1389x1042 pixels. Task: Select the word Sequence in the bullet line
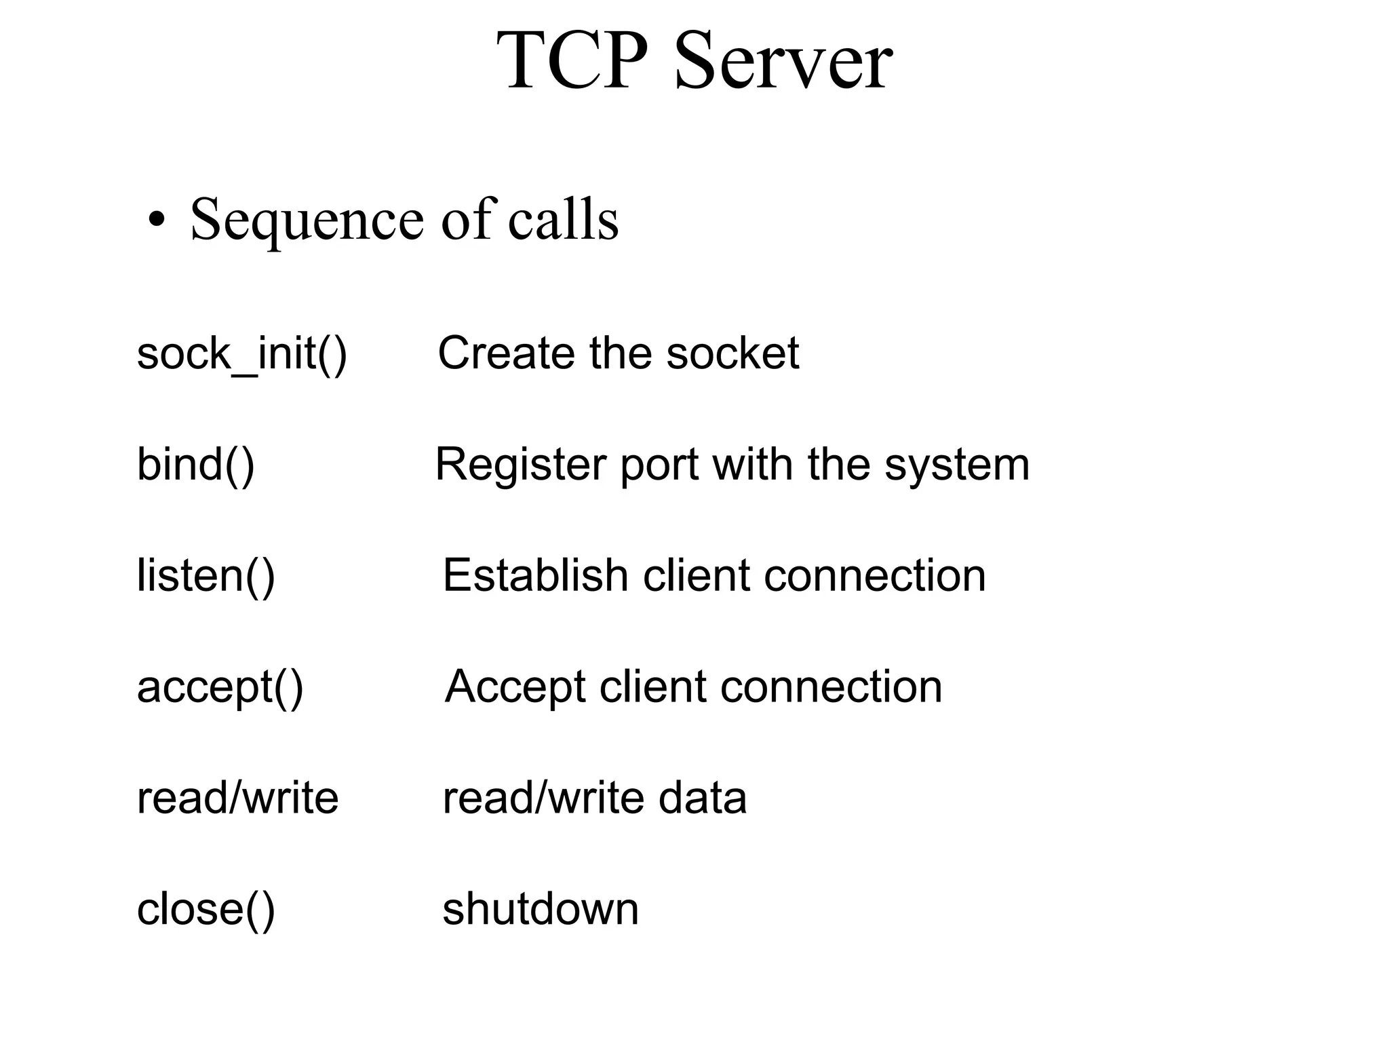click(x=307, y=220)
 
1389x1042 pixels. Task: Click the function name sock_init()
click(x=241, y=353)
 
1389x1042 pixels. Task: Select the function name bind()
click(x=195, y=465)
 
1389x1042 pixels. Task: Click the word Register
click(x=520, y=465)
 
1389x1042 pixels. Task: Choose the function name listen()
click(x=206, y=576)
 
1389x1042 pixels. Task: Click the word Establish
click(x=535, y=576)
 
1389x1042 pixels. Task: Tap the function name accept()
click(x=220, y=687)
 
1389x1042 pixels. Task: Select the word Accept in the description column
click(x=515, y=687)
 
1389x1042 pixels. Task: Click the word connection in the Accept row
click(x=831, y=687)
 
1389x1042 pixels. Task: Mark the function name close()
click(x=206, y=909)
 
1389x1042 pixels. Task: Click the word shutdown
click(x=541, y=909)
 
